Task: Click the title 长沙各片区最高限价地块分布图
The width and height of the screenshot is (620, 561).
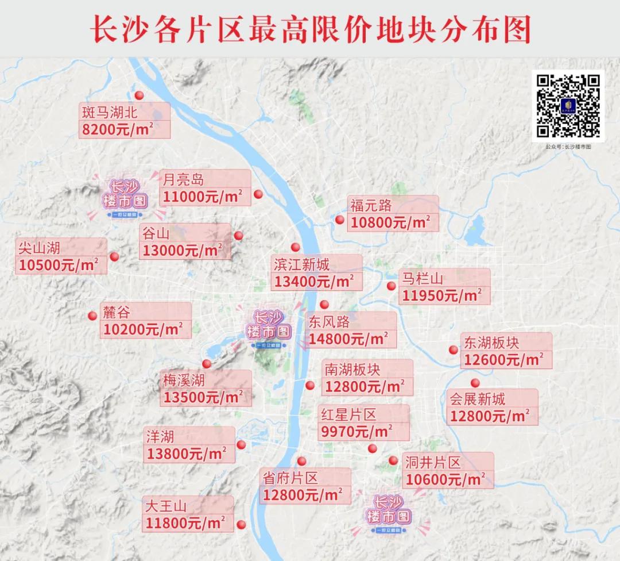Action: tap(310, 29)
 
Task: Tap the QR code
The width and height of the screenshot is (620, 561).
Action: tap(568, 106)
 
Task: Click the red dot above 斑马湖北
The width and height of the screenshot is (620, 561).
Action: tap(138, 96)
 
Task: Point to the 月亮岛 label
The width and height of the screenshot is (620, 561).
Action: tap(183, 179)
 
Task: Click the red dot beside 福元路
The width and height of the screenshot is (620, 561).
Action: tap(340, 220)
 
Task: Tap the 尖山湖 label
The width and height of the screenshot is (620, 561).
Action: tap(39, 247)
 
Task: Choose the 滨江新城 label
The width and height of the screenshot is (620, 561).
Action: tap(302, 264)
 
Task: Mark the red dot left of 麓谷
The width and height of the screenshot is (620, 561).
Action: tap(92, 316)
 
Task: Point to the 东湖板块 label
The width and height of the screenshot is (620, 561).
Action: tap(491, 343)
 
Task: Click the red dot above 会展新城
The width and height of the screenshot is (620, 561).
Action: tap(475, 383)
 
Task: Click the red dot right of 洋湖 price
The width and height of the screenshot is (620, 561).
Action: tap(242, 444)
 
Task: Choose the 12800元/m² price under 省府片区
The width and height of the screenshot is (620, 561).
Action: tap(303, 494)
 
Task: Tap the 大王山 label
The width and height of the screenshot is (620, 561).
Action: tap(166, 506)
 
